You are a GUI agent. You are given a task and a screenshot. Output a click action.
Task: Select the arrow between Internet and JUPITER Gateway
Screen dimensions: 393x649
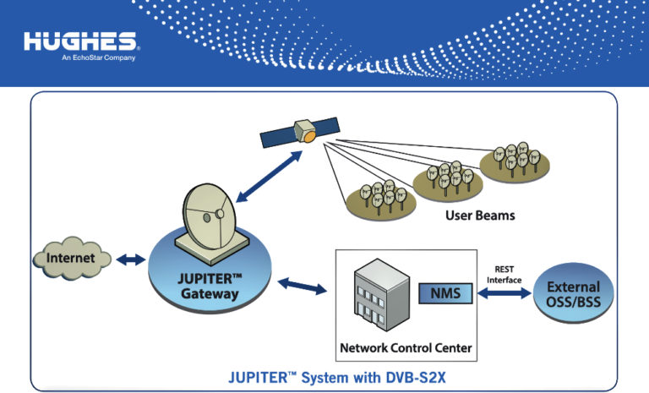coord(130,260)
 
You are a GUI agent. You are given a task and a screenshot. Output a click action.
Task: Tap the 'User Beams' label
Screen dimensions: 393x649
coord(480,216)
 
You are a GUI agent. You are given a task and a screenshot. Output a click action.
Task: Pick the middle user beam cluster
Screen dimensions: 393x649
coord(446,177)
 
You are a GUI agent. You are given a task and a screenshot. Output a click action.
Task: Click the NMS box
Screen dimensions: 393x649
coord(445,293)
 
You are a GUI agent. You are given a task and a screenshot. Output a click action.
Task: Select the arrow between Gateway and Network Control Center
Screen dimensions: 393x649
coord(302,286)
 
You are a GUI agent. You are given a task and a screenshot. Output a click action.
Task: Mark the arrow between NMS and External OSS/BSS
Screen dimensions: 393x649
coord(504,294)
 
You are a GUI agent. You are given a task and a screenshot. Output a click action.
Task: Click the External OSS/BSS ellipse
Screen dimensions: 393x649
coord(574,293)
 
